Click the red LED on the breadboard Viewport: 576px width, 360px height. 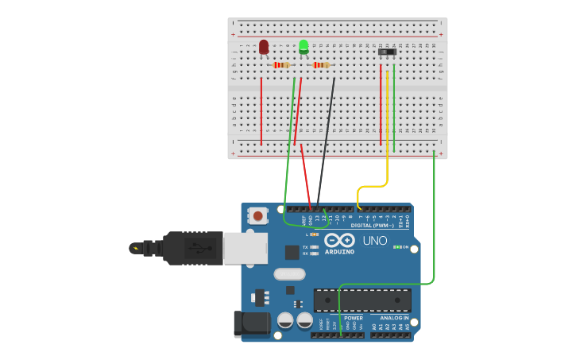pyautogui.click(x=264, y=48)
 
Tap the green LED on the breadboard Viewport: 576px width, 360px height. pyautogui.click(x=303, y=46)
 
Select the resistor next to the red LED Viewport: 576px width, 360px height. pyautogui.click(x=282, y=65)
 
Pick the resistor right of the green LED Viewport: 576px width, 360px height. pyautogui.click(x=321, y=65)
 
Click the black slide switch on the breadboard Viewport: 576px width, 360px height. pyautogui.click(x=387, y=52)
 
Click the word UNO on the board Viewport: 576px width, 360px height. pyautogui.click(x=374, y=241)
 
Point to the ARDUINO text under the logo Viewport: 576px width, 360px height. pyautogui.click(x=339, y=252)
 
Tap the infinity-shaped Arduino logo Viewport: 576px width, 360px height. pyautogui.click(x=339, y=240)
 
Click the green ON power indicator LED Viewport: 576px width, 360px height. pyautogui.click(x=396, y=247)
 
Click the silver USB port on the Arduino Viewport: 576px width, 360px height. pyautogui.click(x=245, y=248)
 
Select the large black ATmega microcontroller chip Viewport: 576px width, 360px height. pyautogui.click(x=362, y=300)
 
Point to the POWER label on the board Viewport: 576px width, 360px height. pyautogui.click(x=353, y=318)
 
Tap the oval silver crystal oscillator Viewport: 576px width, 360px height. pyautogui.click(x=289, y=274)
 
